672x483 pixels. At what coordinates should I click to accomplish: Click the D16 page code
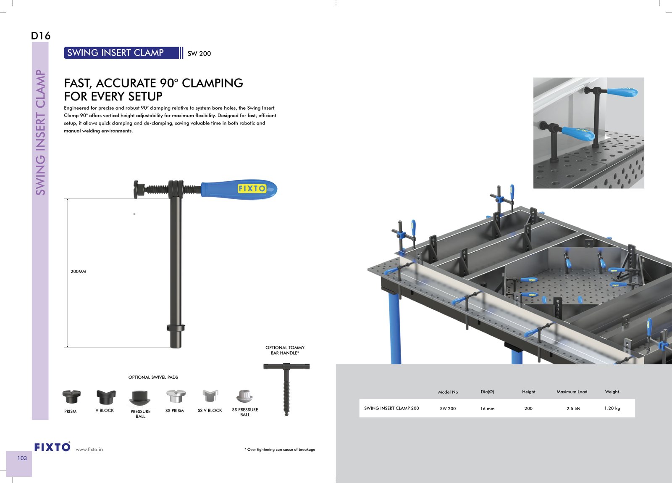(x=41, y=36)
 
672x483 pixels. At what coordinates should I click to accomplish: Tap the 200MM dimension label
(x=78, y=272)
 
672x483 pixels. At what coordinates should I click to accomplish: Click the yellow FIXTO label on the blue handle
(x=252, y=188)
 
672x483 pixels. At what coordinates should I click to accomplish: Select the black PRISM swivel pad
(x=71, y=396)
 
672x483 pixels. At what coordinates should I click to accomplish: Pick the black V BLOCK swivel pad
(x=106, y=397)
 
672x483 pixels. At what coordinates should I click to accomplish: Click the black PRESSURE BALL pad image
(x=140, y=398)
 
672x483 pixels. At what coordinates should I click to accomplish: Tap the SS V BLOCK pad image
(x=210, y=396)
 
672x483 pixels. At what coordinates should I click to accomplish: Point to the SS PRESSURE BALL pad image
(x=244, y=396)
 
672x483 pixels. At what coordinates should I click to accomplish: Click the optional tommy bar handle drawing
(x=286, y=389)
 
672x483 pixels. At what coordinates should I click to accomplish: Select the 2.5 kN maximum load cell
(x=573, y=409)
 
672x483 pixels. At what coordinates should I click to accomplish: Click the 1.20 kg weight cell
(x=612, y=408)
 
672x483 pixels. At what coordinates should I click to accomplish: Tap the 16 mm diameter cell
(x=487, y=409)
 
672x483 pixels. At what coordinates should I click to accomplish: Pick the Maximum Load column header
(x=572, y=392)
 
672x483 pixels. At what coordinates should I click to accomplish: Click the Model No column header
(x=448, y=392)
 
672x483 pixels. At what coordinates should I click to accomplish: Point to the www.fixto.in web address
(x=89, y=449)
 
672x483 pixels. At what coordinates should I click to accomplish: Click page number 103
(x=22, y=458)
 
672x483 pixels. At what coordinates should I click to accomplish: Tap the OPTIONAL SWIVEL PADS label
(x=153, y=377)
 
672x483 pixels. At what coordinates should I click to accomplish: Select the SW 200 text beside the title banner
(x=199, y=53)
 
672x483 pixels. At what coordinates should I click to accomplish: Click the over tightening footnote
(x=280, y=449)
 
